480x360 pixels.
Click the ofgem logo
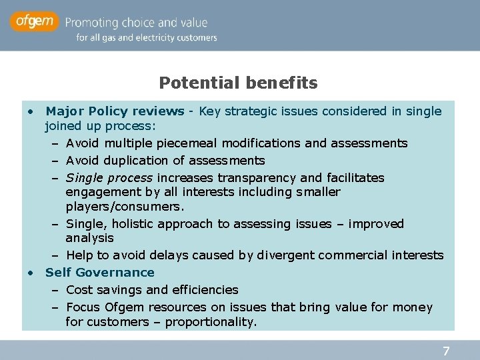point(35,22)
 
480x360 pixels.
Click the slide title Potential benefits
point(238,83)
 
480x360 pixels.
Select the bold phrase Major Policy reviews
point(115,111)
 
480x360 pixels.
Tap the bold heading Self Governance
point(99,272)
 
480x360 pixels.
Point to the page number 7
point(447,351)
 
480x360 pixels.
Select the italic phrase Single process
point(109,177)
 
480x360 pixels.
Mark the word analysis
point(89,238)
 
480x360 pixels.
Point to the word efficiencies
point(205,289)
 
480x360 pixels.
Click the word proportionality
point(211,322)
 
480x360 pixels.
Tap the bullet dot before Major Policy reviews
point(31,111)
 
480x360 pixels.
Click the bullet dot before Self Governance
point(31,273)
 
